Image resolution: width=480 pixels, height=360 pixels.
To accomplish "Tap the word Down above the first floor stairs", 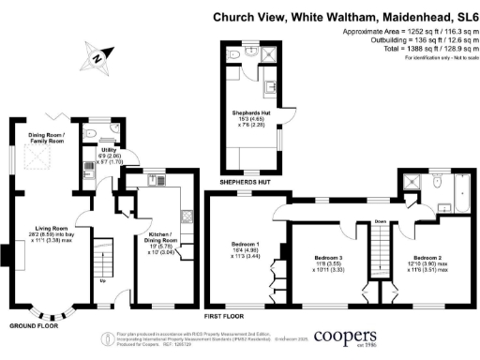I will tap(379, 222).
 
